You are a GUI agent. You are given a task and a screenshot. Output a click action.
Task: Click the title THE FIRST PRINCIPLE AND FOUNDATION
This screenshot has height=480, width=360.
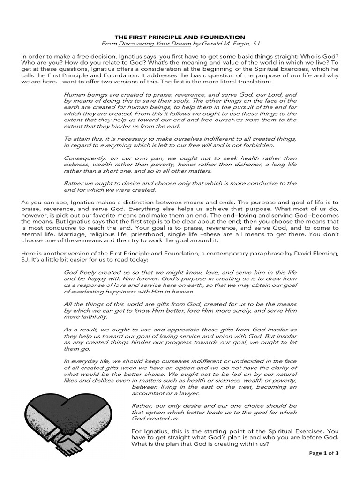tap(180, 37)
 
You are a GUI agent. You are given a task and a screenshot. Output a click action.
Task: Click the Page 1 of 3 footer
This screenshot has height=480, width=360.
tap(323, 453)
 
